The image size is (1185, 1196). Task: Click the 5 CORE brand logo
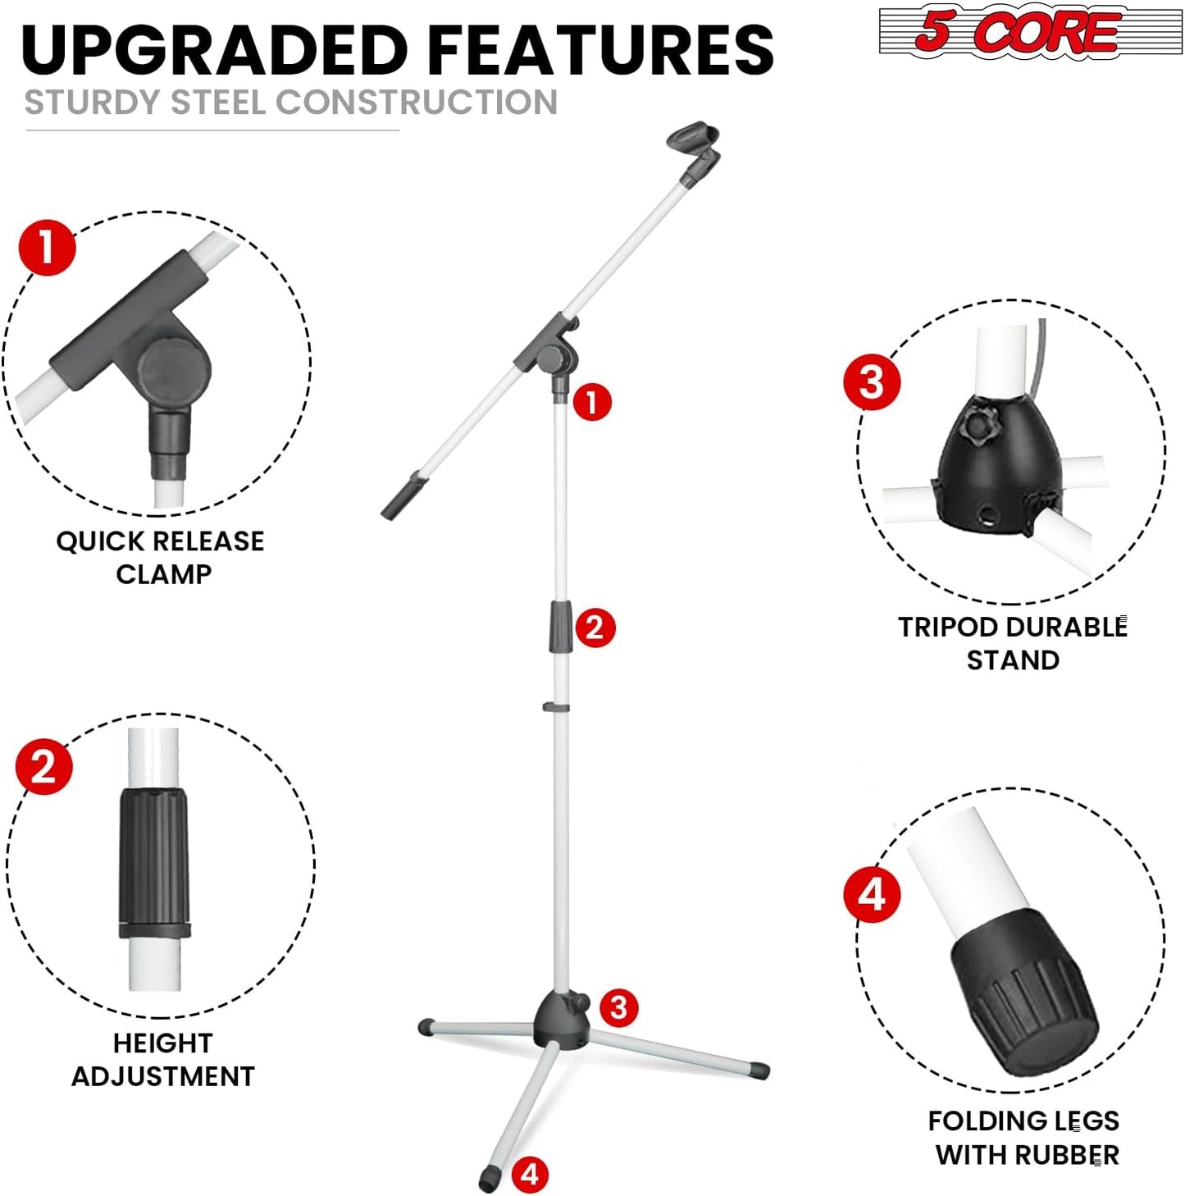pyautogui.click(x=1029, y=31)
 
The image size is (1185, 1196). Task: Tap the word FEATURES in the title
pyautogui.click(x=600, y=51)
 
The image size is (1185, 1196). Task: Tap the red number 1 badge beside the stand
pyautogui.click(x=592, y=403)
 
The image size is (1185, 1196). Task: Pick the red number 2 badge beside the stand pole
pyautogui.click(x=595, y=628)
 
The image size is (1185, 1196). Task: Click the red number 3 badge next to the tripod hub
pyautogui.click(x=618, y=1007)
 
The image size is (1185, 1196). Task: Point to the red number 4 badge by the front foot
pyautogui.click(x=530, y=1174)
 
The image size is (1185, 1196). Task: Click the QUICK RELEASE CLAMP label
pyautogui.click(x=161, y=558)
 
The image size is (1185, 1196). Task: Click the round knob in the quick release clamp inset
pyautogui.click(x=174, y=373)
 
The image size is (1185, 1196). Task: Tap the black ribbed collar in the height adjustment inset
pyautogui.click(x=154, y=861)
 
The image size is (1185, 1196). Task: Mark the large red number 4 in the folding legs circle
pyautogui.click(x=872, y=894)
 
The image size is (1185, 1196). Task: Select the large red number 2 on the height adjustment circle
pyautogui.click(x=43, y=766)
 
